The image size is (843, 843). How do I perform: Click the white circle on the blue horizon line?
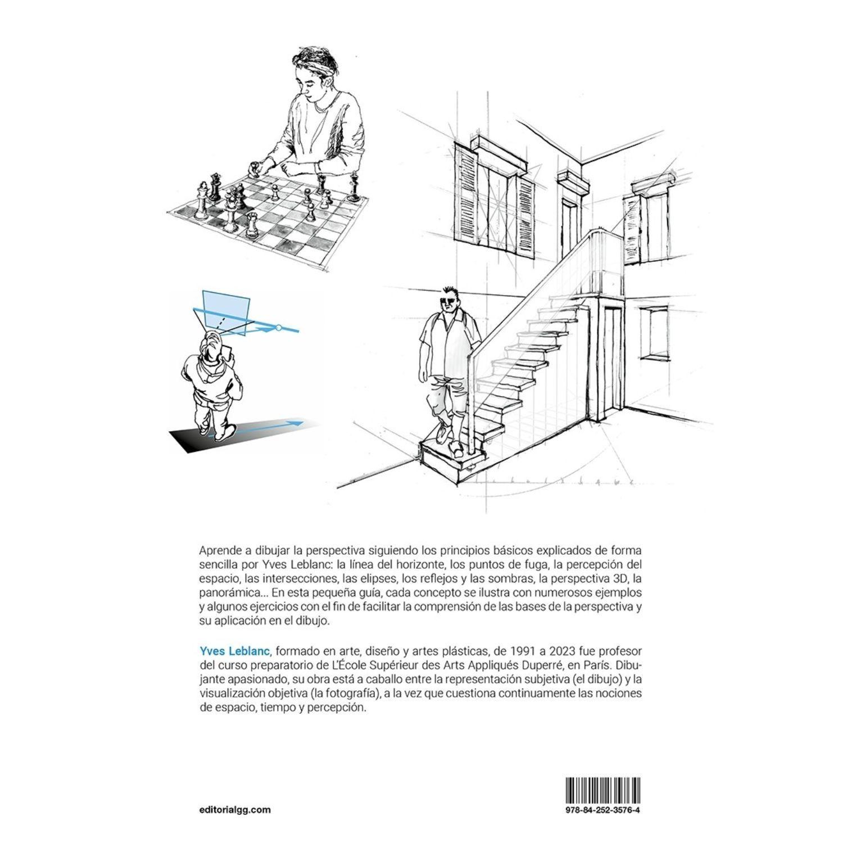(x=279, y=327)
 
